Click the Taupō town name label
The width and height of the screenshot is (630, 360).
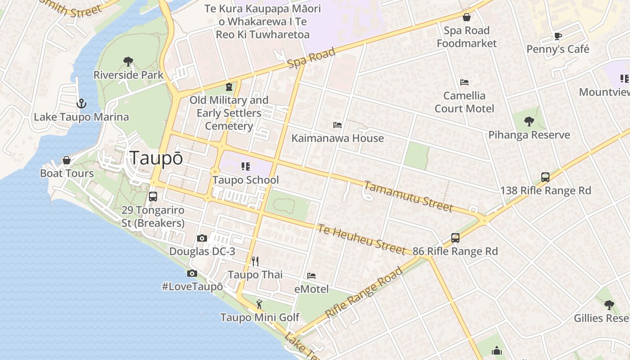(x=156, y=158)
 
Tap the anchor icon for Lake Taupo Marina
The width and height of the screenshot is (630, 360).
(x=81, y=104)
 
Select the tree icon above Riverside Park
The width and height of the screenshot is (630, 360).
(x=128, y=62)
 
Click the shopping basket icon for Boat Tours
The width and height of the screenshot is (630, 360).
(x=67, y=160)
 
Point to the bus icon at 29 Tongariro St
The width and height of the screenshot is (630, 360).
(x=153, y=197)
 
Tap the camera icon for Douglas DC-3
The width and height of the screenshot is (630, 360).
(x=202, y=238)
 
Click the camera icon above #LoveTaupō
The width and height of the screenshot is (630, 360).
(x=192, y=273)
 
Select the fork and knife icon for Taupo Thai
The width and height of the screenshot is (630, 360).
(x=255, y=261)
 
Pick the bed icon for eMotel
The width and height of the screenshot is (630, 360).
(x=311, y=275)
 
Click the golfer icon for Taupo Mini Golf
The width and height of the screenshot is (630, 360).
(x=259, y=304)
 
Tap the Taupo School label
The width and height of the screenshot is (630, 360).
(x=246, y=180)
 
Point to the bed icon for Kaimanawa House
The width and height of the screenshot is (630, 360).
(x=337, y=125)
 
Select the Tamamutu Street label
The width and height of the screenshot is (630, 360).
(x=408, y=196)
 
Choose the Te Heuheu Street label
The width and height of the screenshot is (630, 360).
(x=361, y=239)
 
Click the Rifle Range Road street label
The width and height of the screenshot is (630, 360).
(x=363, y=292)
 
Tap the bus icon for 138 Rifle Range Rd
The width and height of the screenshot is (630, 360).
(x=545, y=177)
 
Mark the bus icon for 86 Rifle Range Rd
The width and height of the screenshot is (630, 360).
(x=455, y=238)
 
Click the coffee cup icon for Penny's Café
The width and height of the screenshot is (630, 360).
(x=558, y=36)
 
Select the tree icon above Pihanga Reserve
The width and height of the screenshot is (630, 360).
(x=529, y=121)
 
